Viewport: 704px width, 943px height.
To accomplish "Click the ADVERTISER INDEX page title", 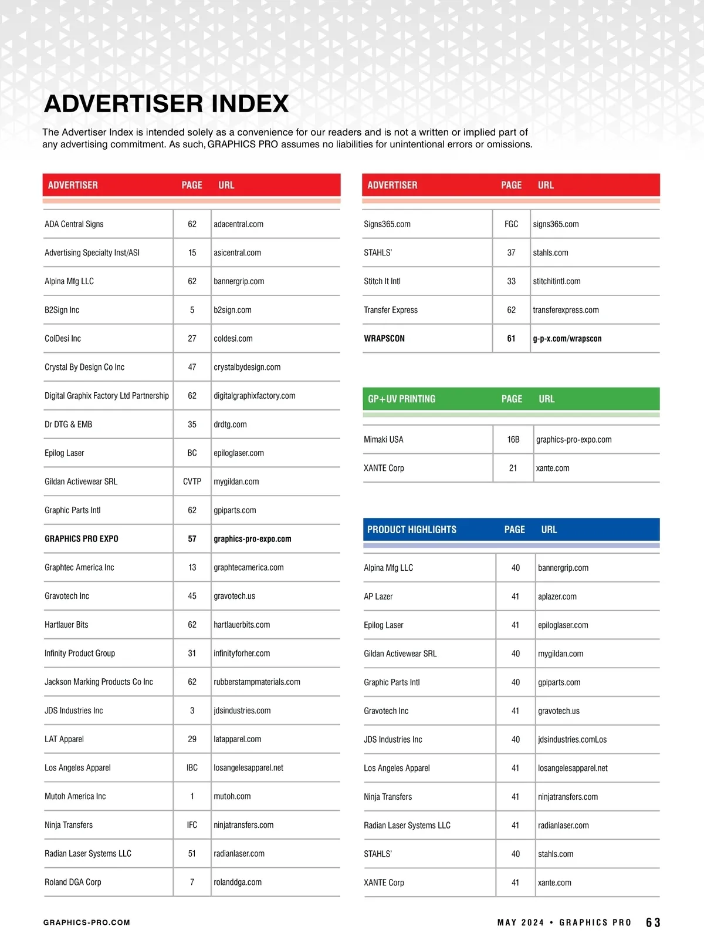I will point(166,104).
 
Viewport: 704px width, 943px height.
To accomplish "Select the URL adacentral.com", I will point(238,224).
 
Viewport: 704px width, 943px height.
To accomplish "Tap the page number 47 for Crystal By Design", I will point(192,368).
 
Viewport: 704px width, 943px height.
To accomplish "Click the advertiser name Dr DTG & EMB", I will point(68,425).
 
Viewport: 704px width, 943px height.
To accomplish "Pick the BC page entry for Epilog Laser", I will point(192,453).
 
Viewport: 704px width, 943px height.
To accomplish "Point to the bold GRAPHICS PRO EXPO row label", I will point(82,539).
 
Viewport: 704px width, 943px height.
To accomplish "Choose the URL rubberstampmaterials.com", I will point(257,682).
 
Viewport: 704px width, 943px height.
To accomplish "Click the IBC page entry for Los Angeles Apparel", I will point(192,768).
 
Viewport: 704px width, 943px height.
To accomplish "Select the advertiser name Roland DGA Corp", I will point(73,883).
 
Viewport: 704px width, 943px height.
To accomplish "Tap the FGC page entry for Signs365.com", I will point(511,224).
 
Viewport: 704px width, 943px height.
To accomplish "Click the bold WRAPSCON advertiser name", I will point(384,339).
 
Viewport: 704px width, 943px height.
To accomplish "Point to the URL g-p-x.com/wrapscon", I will point(567,339).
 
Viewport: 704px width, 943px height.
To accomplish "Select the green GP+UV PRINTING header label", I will point(401,399).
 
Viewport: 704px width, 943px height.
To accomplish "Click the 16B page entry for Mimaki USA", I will point(513,440).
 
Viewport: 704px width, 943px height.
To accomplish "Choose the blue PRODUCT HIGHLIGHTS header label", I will point(412,530).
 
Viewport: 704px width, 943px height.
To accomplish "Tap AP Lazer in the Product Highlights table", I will point(378,597).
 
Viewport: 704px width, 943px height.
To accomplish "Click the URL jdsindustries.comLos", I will point(573,740).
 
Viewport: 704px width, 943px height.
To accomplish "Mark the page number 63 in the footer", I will point(653,923).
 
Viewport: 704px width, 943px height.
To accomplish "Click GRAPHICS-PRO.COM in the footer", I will point(87,923).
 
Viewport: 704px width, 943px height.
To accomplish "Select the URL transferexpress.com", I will point(566,310).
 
